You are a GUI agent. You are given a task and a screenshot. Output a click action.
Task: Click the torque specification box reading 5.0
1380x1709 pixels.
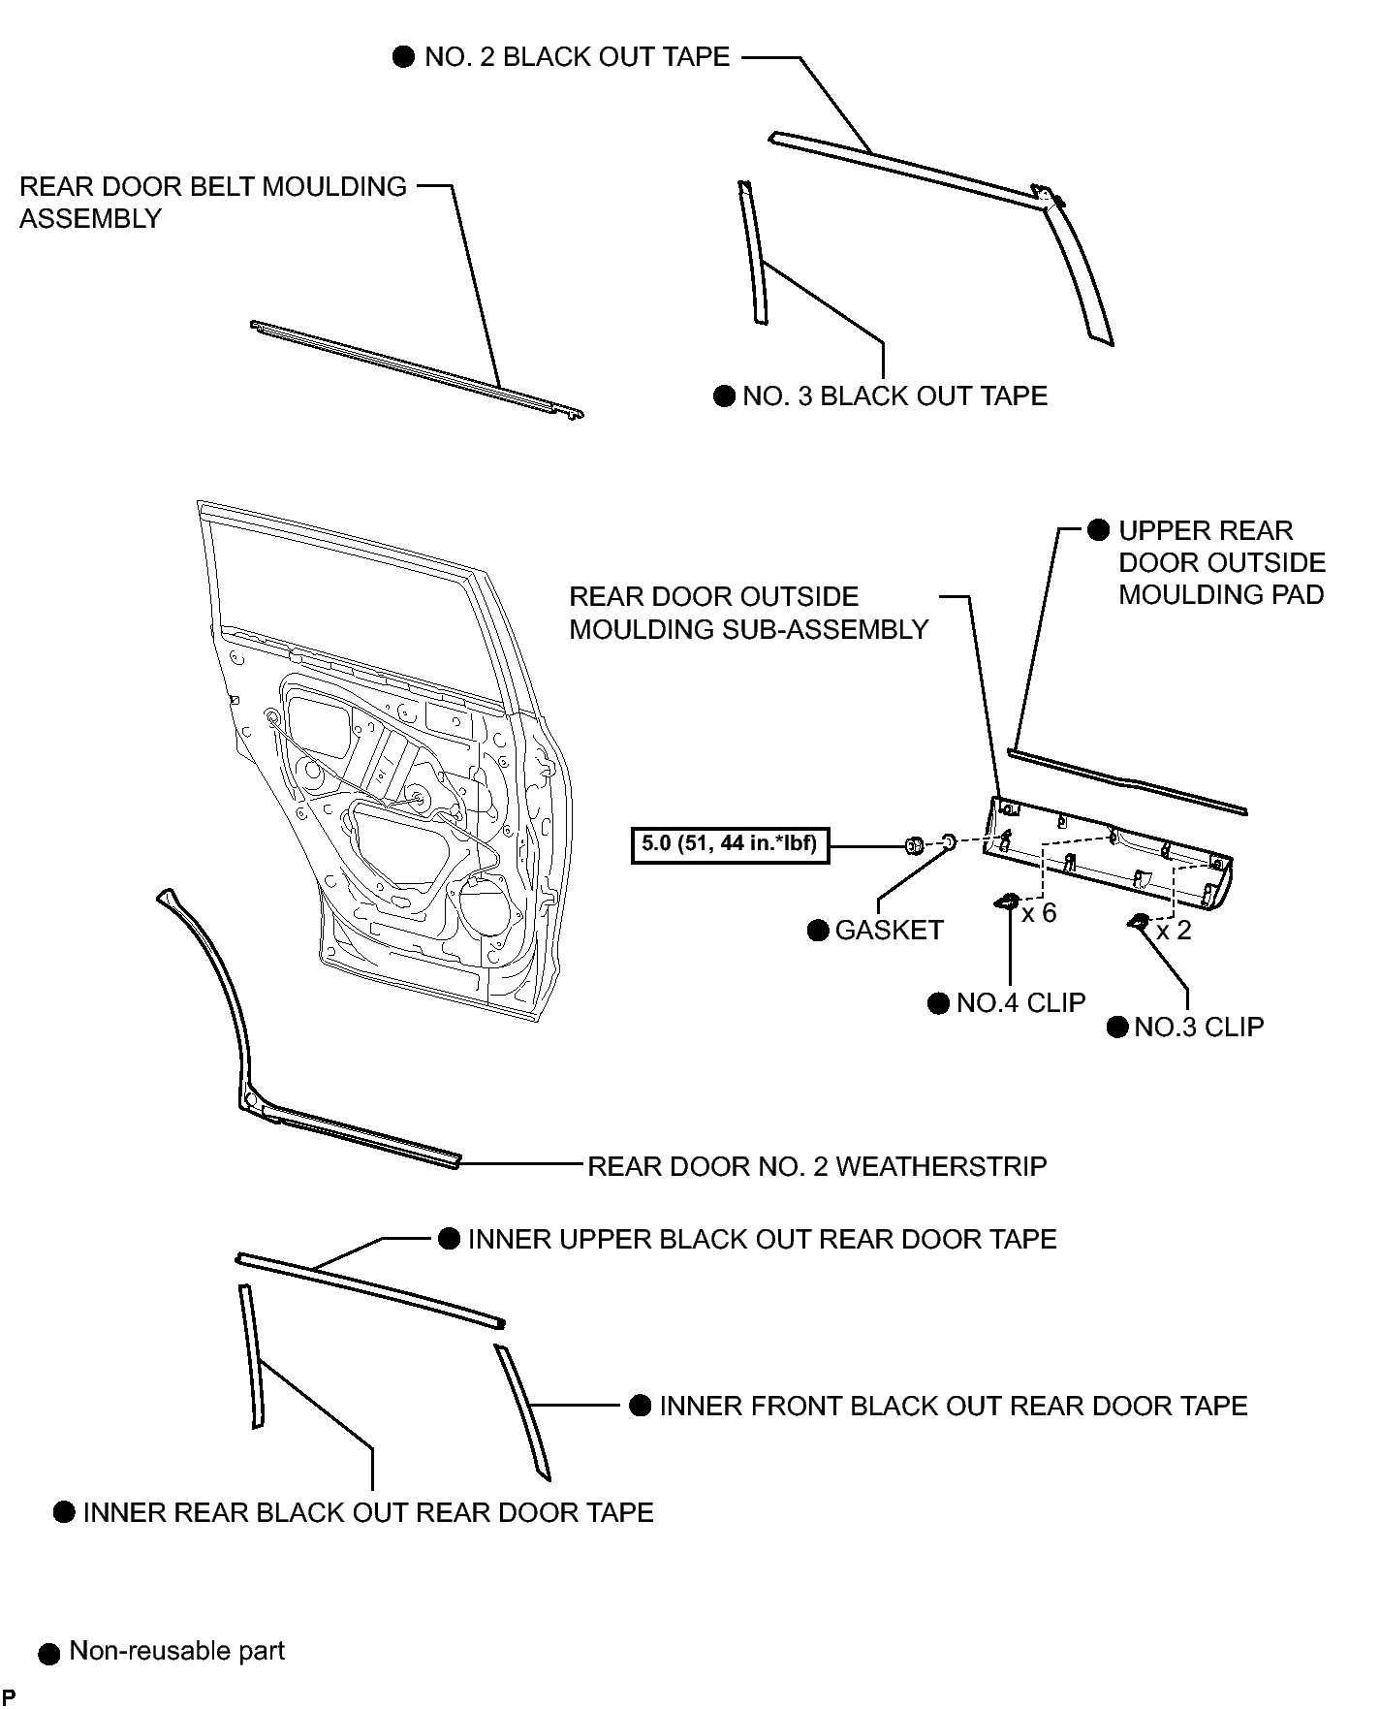(728, 843)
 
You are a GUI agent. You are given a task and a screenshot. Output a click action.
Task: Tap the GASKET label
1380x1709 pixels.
(889, 931)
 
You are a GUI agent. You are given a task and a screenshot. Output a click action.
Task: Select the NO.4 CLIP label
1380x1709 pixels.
(1020, 1003)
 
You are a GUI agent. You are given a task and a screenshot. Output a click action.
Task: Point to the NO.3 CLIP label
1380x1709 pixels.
(1199, 1028)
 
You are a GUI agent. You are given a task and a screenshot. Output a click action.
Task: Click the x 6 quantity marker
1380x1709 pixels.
(1039, 913)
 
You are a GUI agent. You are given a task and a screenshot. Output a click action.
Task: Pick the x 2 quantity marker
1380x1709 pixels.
(1174, 931)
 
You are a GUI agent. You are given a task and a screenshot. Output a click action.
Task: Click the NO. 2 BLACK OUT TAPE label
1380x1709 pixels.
(577, 57)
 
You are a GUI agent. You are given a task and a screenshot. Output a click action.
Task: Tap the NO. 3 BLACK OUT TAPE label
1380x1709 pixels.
(894, 396)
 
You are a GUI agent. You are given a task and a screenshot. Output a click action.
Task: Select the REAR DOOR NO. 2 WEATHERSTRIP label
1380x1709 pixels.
(817, 1166)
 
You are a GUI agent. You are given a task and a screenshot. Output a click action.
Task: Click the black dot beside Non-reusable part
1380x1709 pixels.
(48, 1655)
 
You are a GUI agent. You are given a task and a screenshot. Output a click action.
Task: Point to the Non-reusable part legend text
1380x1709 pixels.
(177, 1652)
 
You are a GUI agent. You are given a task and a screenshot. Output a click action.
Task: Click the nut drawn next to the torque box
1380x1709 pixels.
(913, 845)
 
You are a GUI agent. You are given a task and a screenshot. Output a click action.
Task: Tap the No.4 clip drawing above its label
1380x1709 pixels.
(1006, 902)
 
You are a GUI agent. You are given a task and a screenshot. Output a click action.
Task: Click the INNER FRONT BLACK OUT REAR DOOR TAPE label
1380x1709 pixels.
(954, 1407)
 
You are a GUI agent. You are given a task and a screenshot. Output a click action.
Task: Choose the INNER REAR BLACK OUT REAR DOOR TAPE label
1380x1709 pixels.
(368, 1513)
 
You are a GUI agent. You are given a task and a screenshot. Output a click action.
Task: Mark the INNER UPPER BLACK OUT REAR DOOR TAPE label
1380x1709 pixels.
(762, 1240)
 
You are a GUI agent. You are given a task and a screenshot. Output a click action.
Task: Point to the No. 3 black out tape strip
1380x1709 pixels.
(753, 252)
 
